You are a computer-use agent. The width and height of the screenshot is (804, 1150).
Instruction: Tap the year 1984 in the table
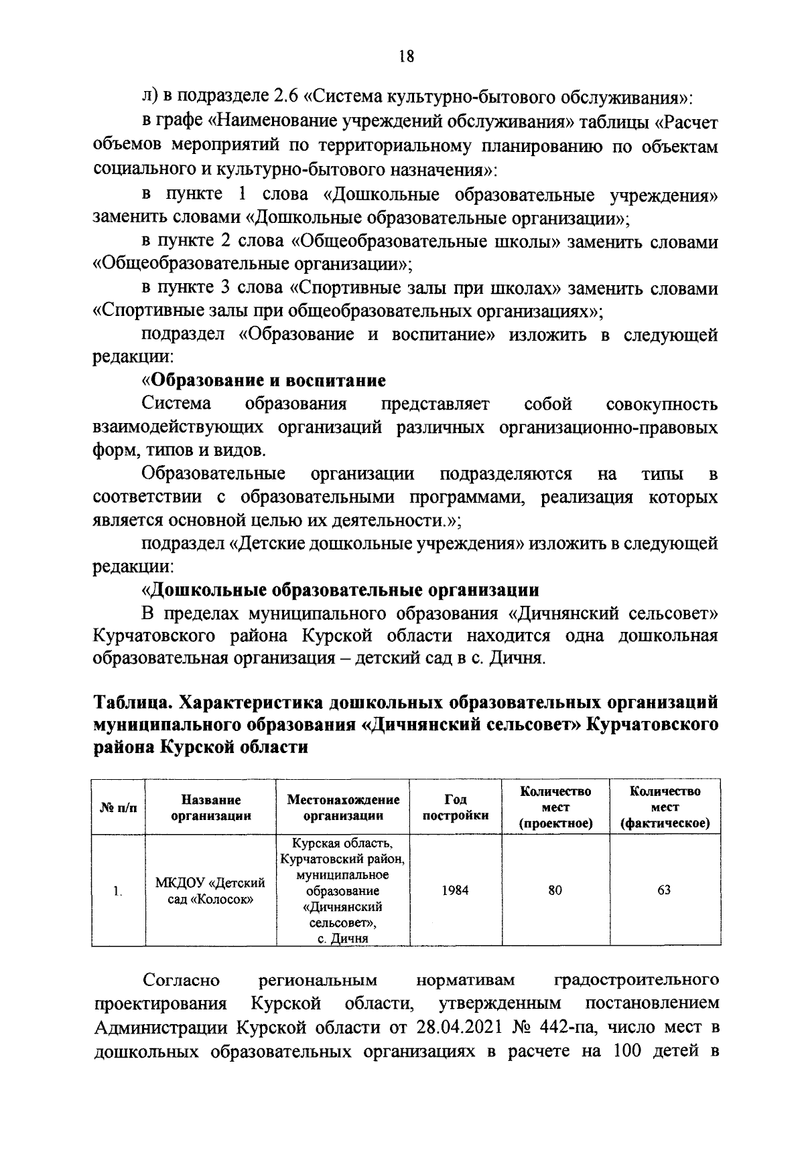pyautogui.click(x=456, y=890)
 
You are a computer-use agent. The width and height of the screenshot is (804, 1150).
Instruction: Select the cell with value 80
pyautogui.click(x=555, y=890)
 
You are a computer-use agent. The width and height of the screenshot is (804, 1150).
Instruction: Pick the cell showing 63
pyautogui.click(x=664, y=890)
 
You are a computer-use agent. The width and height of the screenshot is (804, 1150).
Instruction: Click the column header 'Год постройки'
pyautogui.click(x=456, y=807)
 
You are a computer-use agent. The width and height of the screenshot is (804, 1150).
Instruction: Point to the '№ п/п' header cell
pyautogui.click(x=118, y=807)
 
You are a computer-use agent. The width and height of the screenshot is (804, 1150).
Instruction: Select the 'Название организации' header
pyautogui.click(x=211, y=807)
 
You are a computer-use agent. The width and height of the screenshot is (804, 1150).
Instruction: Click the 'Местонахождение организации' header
pyautogui.click(x=343, y=807)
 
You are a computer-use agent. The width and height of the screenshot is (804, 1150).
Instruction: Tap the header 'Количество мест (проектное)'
pyautogui.click(x=555, y=807)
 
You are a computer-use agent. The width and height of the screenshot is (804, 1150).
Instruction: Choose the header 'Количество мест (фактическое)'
pyautogui.click(x=665, y=807)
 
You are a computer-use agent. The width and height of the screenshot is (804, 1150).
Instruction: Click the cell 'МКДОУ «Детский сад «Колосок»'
pyautogui.click(x=211, y=890)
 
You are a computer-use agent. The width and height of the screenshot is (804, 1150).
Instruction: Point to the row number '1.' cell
pyautogui.click(x=118, y=891)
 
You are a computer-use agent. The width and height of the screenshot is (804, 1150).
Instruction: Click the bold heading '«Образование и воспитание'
pyautogui.click(x=264, y=381)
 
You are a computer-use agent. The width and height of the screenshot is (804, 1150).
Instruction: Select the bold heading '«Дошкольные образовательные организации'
pyautogui.click(x=340, y=590)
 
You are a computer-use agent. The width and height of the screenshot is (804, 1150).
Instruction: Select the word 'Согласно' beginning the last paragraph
pyautogui.click(x=181, y=981)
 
